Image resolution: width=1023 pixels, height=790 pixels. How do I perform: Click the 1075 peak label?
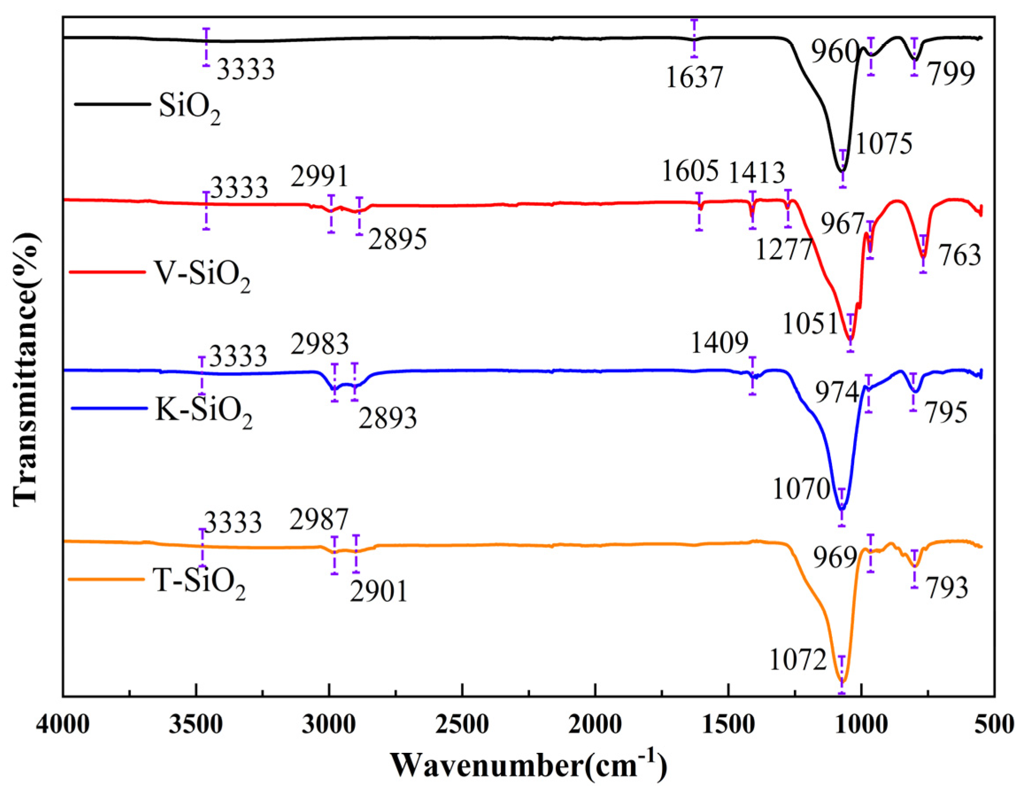[884, 144]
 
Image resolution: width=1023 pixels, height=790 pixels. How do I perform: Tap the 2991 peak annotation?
[319, 177]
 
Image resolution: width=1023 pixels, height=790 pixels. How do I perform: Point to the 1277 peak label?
[783, 250]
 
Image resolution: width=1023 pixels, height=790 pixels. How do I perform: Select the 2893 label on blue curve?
[388, 418]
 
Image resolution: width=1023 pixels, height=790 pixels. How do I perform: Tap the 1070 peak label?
[801, 490]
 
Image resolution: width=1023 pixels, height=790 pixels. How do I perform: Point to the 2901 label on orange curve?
[378, 591]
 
